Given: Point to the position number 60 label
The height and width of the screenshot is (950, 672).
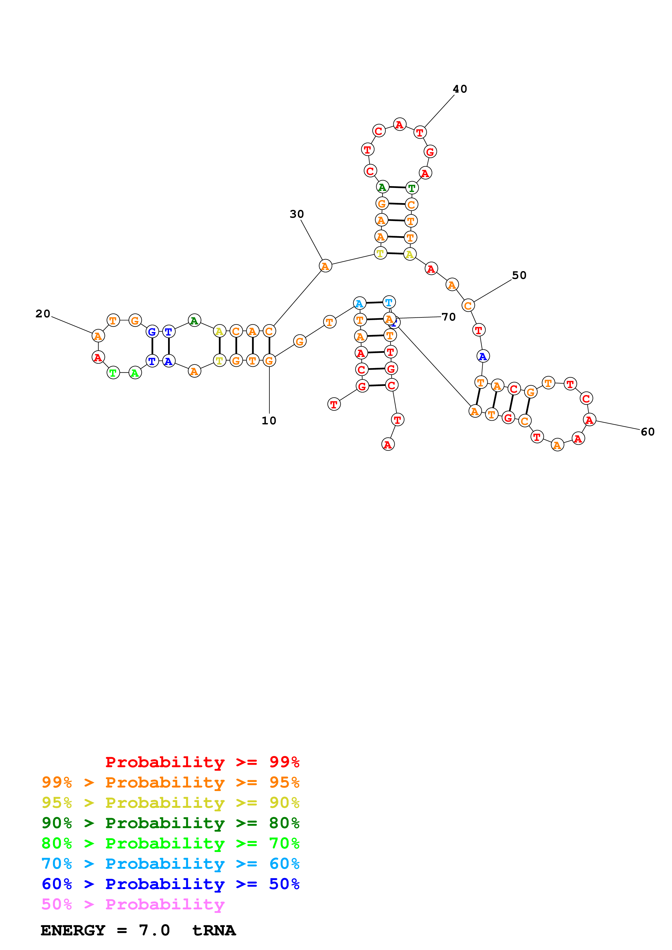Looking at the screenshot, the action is pyautogui.click(x=648, y=432).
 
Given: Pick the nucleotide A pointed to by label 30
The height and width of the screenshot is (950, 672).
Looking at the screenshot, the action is pyautogui.click(x=326, y=266).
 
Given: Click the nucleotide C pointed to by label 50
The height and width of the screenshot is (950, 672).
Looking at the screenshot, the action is pyautogui.click(x=468, y=306).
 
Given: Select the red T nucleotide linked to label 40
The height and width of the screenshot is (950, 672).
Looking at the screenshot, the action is pyautogui.click(x=420, y=132).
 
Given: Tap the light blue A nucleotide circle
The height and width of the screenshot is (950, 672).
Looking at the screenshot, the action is pyautogui.click(x=359, y=303).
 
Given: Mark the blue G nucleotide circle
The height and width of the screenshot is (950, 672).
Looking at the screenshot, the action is pyautogui.click(x=152, y=331).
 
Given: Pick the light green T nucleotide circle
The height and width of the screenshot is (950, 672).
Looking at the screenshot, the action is pyautogui.click(x=113, y=373).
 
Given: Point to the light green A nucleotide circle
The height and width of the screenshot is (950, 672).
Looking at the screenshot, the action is pyautogui.click(x=135, y=373).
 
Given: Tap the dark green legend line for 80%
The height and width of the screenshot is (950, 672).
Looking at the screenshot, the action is pyautogui.click(x=170, y=823).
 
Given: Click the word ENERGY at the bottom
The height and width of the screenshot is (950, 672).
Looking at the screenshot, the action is pyautogui.click(x=73, y=930).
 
